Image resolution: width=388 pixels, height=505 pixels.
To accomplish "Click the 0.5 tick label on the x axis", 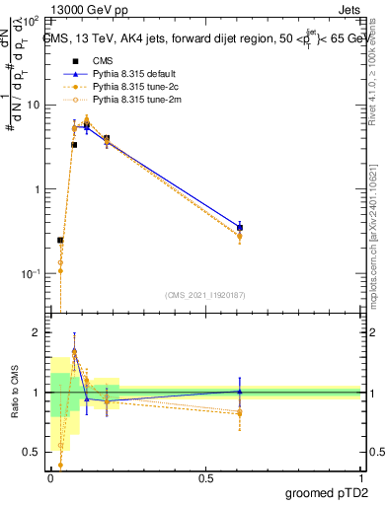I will (205, 478).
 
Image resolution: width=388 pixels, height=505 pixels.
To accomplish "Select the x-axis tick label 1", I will (360, 478).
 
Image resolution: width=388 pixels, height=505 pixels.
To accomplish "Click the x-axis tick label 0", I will (51, 478).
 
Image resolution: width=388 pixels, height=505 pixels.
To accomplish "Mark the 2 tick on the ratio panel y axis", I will (37, 333).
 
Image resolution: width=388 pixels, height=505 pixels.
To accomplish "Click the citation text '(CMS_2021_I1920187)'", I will (205, 294).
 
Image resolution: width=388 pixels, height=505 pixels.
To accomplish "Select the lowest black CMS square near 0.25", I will (60, 240).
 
